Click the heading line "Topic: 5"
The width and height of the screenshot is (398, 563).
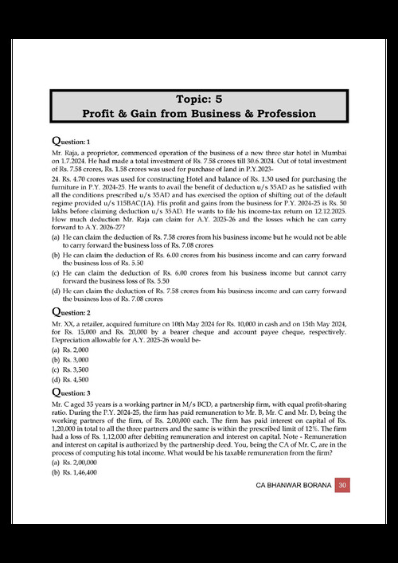[x=198, y=99]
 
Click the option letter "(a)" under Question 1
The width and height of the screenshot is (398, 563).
[x=56, y=237]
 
